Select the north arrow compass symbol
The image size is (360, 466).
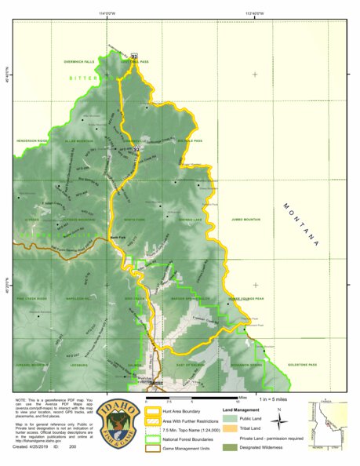(279, 419)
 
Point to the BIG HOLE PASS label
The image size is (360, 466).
(191, 141)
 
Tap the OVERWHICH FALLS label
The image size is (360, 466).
(78, 61)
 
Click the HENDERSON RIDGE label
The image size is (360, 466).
(29, 141)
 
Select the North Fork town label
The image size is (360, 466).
(118, 238)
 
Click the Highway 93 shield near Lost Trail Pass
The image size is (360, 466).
(134, 56)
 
